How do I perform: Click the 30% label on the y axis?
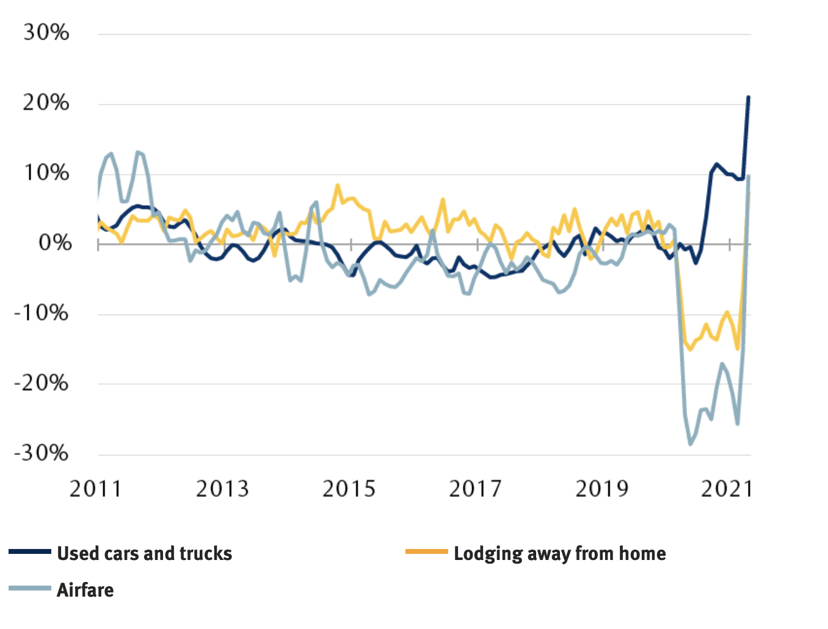click(46, 32)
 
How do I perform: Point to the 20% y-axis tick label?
click(46, 103)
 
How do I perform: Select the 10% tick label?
click(46, 173)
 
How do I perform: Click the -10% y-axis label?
click(42, 313)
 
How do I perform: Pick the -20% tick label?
click(42, 384)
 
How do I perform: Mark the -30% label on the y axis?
click(42, 453)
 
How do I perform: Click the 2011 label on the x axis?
click(96, 489)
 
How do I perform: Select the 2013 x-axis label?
click(222, 489)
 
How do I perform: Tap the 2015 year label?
click(349, 489)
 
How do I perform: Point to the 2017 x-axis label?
click(475, 489)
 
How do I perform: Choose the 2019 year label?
click(601, 489)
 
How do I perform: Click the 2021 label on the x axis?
click(727, 489)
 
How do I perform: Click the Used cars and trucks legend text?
click(145, 553)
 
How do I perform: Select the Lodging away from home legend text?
click(560, 553)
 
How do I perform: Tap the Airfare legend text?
click(85, 590)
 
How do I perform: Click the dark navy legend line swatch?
click(30, 552)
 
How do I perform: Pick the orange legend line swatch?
click(427, 552)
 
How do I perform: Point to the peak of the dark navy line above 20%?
click(749, 97)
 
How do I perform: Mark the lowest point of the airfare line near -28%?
click(691, 444)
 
